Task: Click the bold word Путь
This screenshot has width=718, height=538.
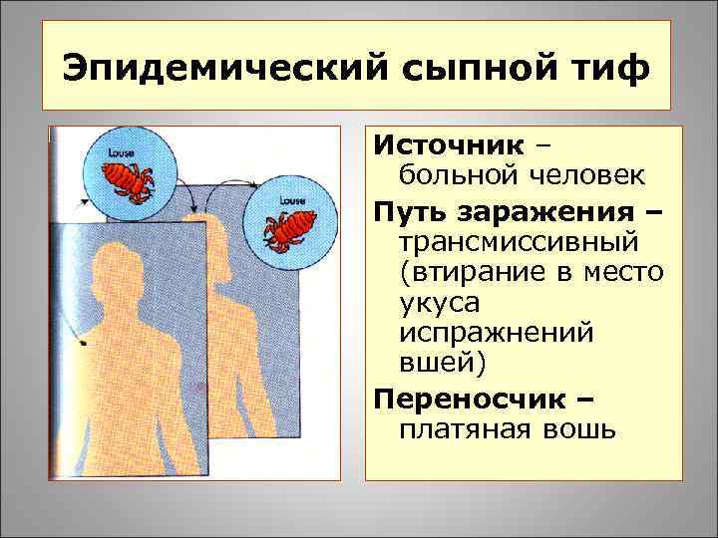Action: tap(412, 212)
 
